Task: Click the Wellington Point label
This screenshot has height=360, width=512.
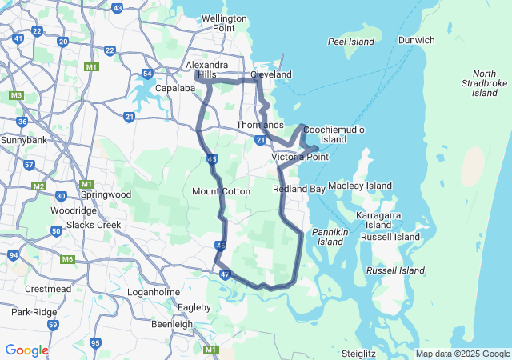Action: pos(218,23)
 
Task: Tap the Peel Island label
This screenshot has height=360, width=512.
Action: pos(352,41)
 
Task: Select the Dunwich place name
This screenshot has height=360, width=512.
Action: pos(417,40)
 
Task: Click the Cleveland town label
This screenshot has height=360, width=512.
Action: pos(270,74)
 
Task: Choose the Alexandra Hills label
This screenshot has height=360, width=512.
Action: pos(206,70)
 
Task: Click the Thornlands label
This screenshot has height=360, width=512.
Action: pos(260,126)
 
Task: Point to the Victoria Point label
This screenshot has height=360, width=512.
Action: pos(300,157)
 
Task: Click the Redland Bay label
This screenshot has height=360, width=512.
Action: pos(299,189)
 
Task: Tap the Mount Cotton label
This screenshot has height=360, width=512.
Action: pos(222,191)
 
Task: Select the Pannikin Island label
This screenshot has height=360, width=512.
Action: pos(330,236)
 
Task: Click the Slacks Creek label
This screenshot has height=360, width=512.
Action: pos(97,225)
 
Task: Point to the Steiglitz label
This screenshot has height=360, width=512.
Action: pos(358,353)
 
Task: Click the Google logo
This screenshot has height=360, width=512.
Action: pos(26,350)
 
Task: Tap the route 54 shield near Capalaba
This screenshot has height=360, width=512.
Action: pos(147,74)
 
